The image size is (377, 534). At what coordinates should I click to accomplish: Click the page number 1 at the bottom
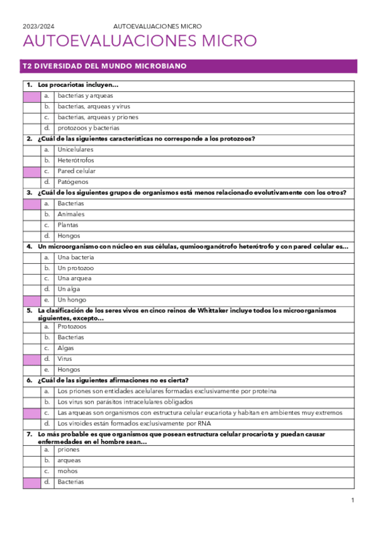[353, 500]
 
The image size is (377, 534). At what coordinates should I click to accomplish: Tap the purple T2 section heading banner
[189, 66]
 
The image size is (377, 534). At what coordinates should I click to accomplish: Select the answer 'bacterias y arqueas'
[85, 96]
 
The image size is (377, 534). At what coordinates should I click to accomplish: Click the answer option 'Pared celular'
[76, 171]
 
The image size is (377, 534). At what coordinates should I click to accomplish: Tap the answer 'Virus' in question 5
[64, 359]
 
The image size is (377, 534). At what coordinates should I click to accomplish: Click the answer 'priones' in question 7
[69, 450]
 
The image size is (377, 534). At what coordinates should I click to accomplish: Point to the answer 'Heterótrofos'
[76, 161]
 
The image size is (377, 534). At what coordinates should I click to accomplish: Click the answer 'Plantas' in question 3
[68, 225]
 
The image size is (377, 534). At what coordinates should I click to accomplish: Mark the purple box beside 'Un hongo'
[31, 300]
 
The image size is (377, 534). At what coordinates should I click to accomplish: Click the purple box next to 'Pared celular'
[31, 171]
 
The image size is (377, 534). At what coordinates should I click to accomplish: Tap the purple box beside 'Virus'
[31, 359]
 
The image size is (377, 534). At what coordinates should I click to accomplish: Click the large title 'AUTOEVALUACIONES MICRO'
[140, 42]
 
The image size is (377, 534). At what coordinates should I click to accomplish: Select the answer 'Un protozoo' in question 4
[76, 268]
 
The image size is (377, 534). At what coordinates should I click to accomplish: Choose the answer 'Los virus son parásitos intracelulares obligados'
[133, 402]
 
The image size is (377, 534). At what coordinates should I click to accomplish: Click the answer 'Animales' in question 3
[70, 214]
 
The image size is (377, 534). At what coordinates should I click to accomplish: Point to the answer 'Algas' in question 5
[65, 348]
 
